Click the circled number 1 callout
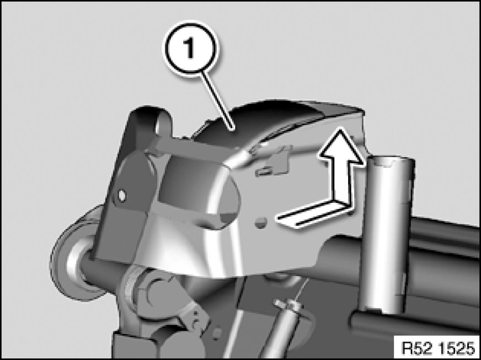191,49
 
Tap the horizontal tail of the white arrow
313,213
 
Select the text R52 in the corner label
415,348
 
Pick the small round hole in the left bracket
122,195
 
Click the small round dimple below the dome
261,223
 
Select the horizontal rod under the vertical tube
414,322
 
